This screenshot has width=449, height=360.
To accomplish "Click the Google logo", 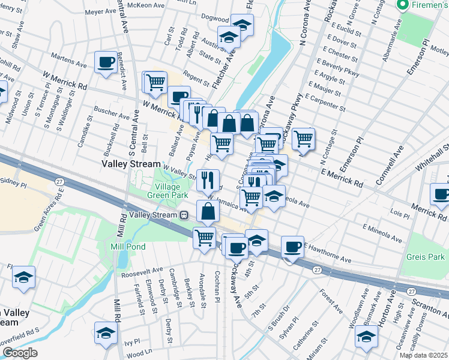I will [20, 353].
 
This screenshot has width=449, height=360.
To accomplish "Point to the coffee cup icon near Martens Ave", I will [106, 62].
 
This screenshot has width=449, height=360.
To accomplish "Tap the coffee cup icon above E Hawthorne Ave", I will [293, 246].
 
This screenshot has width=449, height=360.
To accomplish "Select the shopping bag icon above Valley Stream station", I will [208, 211].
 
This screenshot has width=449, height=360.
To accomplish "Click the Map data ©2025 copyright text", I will [423, 355].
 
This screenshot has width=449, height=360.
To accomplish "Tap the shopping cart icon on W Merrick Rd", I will [155, 82].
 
